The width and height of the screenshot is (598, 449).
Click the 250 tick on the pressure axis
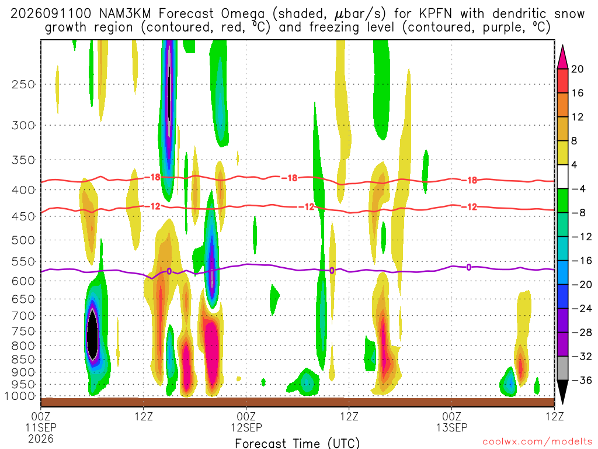[23, 84]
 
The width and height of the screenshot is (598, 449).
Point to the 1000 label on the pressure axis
[20, 396]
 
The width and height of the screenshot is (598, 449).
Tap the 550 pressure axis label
[23, 262]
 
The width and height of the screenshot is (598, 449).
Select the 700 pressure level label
[23, 316]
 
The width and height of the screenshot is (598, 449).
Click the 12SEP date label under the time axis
[246, 427]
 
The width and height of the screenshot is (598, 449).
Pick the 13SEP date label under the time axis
[452, 427]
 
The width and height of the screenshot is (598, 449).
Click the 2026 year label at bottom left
[41, 438]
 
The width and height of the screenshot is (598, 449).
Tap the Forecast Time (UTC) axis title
[297, 443]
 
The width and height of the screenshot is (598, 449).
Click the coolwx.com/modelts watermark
[538, 442]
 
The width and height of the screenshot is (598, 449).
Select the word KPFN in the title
[435, 14]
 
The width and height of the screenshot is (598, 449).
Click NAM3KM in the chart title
[125, 14]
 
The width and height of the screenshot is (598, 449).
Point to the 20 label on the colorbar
[577, 69]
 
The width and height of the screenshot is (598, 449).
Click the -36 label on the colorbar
[581, 380]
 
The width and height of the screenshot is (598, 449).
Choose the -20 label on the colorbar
[581, 285]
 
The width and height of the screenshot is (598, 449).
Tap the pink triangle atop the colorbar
[562, 57]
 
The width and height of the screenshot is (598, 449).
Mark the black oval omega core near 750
[92, 334]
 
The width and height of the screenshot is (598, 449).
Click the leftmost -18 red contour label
[152, 177]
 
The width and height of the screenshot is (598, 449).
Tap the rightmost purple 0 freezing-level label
[469, 267]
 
